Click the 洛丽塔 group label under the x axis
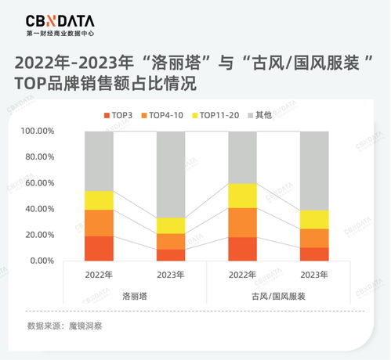click(x=135, y=297)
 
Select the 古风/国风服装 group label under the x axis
click(x=278, y=297)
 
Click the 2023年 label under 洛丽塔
click(x=170, y=275)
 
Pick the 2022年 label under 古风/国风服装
click(x=242, y=275)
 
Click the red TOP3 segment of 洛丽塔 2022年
click(x=99, y=248)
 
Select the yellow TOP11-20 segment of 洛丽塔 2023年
click(x=170, y=225)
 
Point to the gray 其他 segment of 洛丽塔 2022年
click(x=99, y=160)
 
